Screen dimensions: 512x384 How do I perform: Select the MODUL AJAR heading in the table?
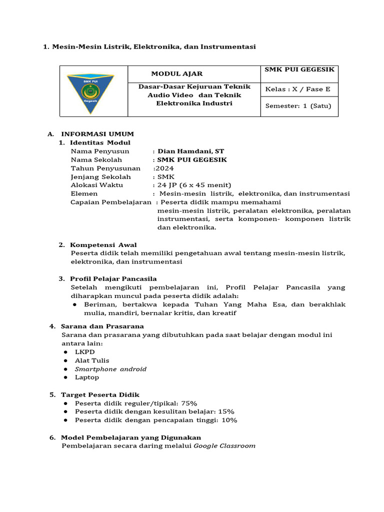[x=177, y=73]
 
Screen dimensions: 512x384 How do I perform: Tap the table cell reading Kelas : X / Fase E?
[x=298, y=89]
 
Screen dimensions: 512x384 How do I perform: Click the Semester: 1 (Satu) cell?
[x=298, y=106]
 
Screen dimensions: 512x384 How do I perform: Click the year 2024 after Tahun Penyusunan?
[x=164, y=168]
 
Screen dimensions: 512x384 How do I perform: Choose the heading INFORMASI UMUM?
[x=97, y=134]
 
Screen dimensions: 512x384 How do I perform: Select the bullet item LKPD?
[x=84, y=352]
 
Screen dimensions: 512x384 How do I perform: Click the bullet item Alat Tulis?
[x=92, y=360]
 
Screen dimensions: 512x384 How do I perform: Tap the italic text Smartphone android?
[x=110, y=369]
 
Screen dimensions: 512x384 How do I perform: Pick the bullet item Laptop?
[x=87, y=377]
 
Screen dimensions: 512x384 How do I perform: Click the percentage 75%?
[x=189, y=403]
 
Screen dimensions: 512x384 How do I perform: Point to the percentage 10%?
[x=229, y=420]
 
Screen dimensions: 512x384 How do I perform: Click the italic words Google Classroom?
[x=224, y=445]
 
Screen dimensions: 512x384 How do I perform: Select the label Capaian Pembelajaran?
[x=111, y=202]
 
